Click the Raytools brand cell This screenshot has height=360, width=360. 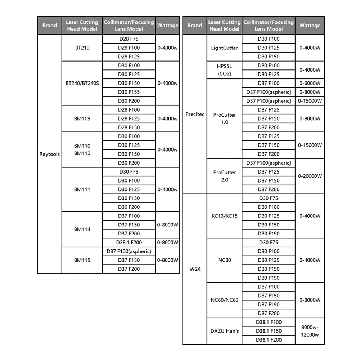point(50,154)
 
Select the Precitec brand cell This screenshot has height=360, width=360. point(195,114)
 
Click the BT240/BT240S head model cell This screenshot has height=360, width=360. point(82,83)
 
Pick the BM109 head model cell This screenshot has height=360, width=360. point(82,118)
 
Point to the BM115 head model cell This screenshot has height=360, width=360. point(82,260)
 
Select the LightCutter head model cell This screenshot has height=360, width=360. point(224,48)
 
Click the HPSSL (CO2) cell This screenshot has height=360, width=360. point(224,70)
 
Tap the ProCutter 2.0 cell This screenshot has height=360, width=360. point(224,176)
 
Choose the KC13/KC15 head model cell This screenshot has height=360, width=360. point(224,216)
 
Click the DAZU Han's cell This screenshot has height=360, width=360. point(224,331)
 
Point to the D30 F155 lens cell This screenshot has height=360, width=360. point(129,92)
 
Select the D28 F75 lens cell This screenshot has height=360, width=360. point(129,39)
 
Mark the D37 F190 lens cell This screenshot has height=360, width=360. point(269,305)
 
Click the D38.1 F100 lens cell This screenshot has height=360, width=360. point(269,322)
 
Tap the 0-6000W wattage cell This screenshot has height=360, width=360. point(310,83)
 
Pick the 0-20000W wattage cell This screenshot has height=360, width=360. point(310,176)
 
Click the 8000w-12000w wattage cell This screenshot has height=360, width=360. point(310,331)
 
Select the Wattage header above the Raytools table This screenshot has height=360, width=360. point(168,26)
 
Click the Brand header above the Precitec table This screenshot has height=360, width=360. point(195,26)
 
